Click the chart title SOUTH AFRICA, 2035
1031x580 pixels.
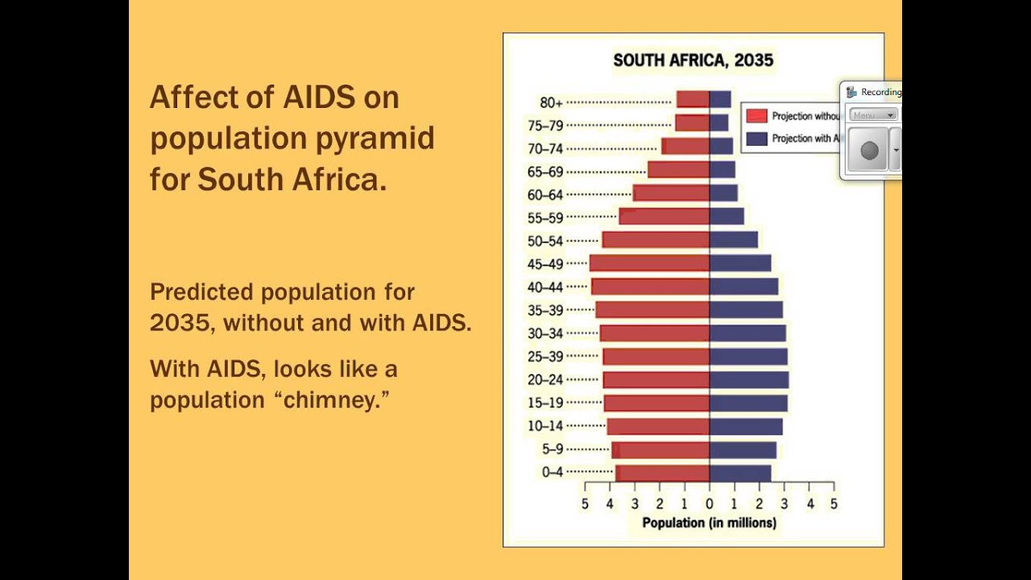click(x=693, y=60)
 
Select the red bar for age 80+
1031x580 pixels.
click(x=693, y=99)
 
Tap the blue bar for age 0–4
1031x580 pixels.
click(x=740, y=473)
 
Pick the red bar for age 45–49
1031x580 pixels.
click(x=649, y=263)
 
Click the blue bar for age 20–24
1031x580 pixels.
click(x=749, y=380)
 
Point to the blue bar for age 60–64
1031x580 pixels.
click(x=723, y=193)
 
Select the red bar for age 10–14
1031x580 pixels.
click(x=658, y=427)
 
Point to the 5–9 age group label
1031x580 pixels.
click(x=553, y=449)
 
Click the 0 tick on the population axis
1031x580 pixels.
click(x=710, y=504)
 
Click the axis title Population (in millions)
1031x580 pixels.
click(x=709, y=523)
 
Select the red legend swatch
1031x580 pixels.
click(x=756, y=116)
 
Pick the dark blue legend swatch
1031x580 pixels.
click(x=756, y=139)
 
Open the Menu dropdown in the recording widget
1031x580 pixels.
click(x=873, y=115)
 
